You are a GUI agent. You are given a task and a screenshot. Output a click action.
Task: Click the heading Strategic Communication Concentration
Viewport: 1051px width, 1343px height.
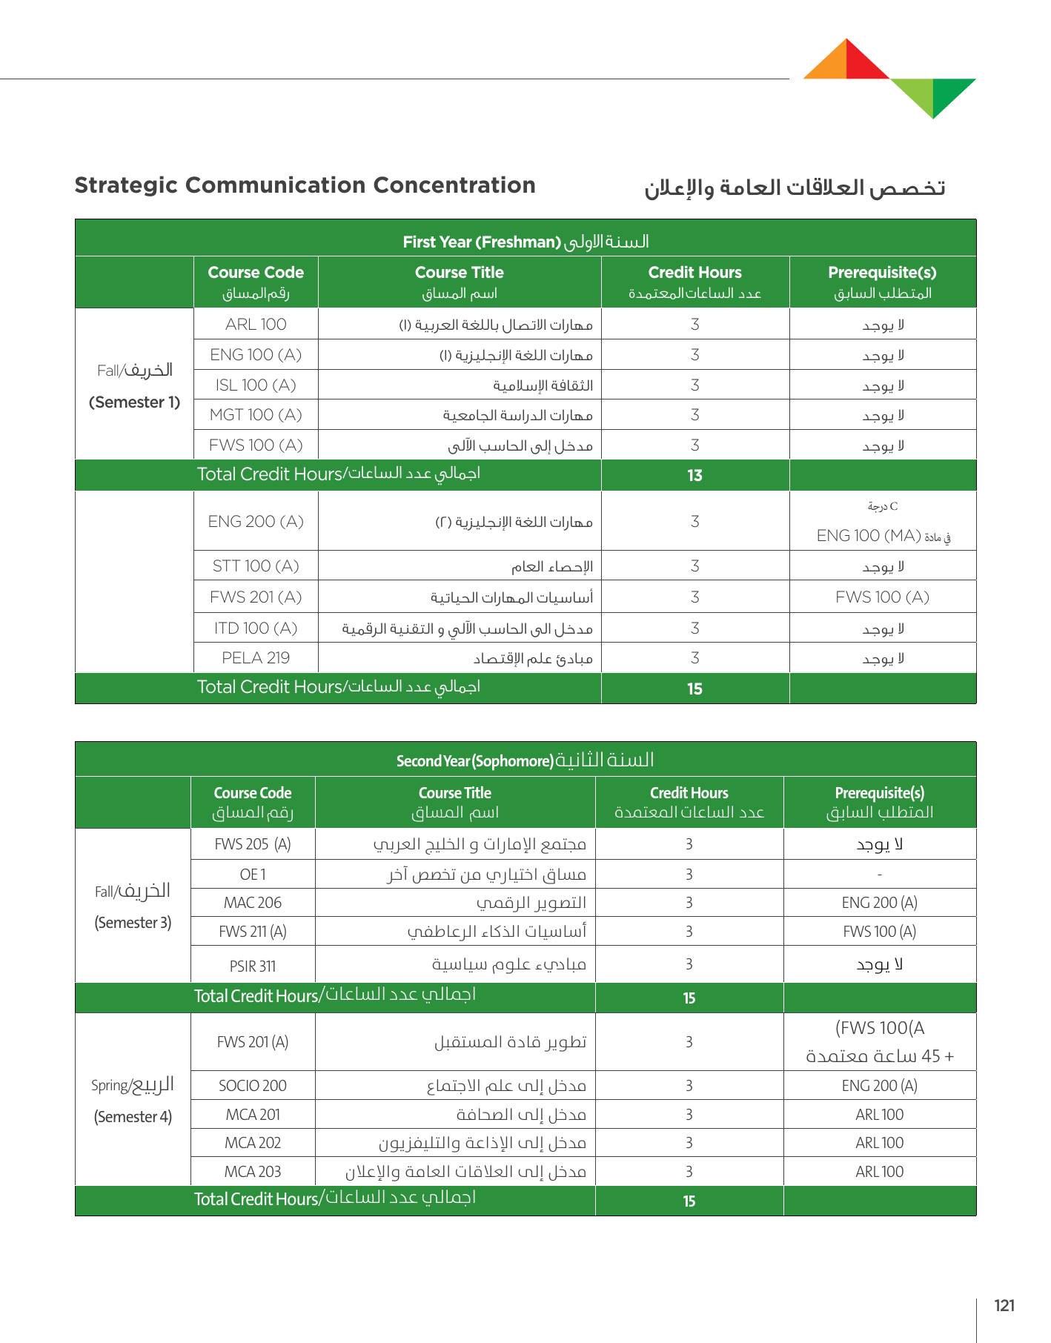[x=305, y=185]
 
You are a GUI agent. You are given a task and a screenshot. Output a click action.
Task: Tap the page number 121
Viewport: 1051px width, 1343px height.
[x=1004, y=1306]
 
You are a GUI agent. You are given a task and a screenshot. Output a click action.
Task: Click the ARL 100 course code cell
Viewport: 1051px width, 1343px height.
[x=256, y=325]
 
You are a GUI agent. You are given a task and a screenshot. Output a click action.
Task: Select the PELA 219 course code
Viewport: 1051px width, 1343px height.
[x=256, y=658]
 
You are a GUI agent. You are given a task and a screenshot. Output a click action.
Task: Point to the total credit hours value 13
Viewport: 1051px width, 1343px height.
[x=694, y=476]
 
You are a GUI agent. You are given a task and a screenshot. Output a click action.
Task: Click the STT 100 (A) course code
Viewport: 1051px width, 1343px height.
[x=256, y=566]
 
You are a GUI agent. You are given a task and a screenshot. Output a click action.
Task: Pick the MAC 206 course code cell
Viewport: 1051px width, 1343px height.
[x=253, y=903]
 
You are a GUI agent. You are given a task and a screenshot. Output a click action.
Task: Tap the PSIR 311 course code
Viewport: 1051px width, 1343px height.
[x=253, y=966]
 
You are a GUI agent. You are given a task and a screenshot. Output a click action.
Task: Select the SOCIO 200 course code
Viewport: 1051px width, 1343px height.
[x=253, y=1086]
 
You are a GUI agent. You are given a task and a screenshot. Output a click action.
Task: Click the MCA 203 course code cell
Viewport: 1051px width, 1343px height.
[x=253, y=1172]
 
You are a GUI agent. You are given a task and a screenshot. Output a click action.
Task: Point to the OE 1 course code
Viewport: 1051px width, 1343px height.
[x=253, y=875]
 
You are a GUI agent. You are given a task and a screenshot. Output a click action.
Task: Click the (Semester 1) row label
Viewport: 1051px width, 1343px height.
[x=134, y=402]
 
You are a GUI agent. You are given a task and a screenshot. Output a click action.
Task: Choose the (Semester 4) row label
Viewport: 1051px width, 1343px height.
[x=133, y=1117]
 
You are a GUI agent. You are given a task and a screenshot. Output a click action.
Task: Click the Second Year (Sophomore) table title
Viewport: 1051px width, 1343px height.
[x=475, y=761]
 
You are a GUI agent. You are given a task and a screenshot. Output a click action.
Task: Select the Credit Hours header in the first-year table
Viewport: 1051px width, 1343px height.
[x=694, y=273]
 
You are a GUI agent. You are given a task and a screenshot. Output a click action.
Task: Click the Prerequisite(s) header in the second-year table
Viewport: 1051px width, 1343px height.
[x=880, y=793]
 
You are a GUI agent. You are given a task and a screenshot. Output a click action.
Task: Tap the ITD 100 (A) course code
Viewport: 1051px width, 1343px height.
[x=256, y=629]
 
